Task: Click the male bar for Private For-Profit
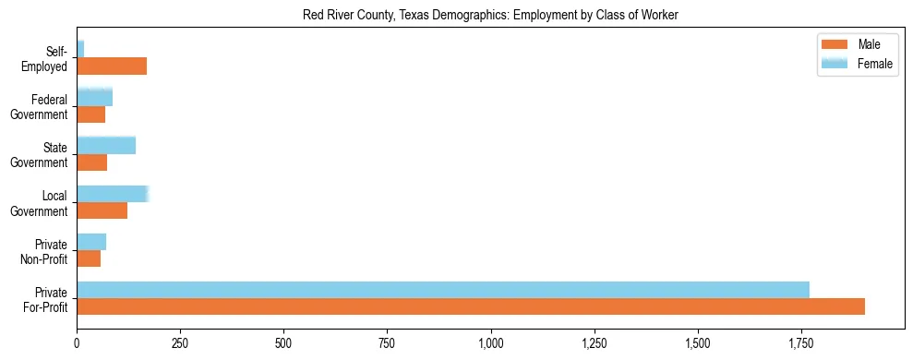471,306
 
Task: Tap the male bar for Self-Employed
112,66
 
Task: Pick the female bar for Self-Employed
80,49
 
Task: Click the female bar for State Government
106,145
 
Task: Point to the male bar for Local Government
102,210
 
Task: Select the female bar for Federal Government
94,97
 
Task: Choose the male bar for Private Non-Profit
89,258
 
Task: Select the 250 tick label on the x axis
180,343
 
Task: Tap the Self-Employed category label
47,58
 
